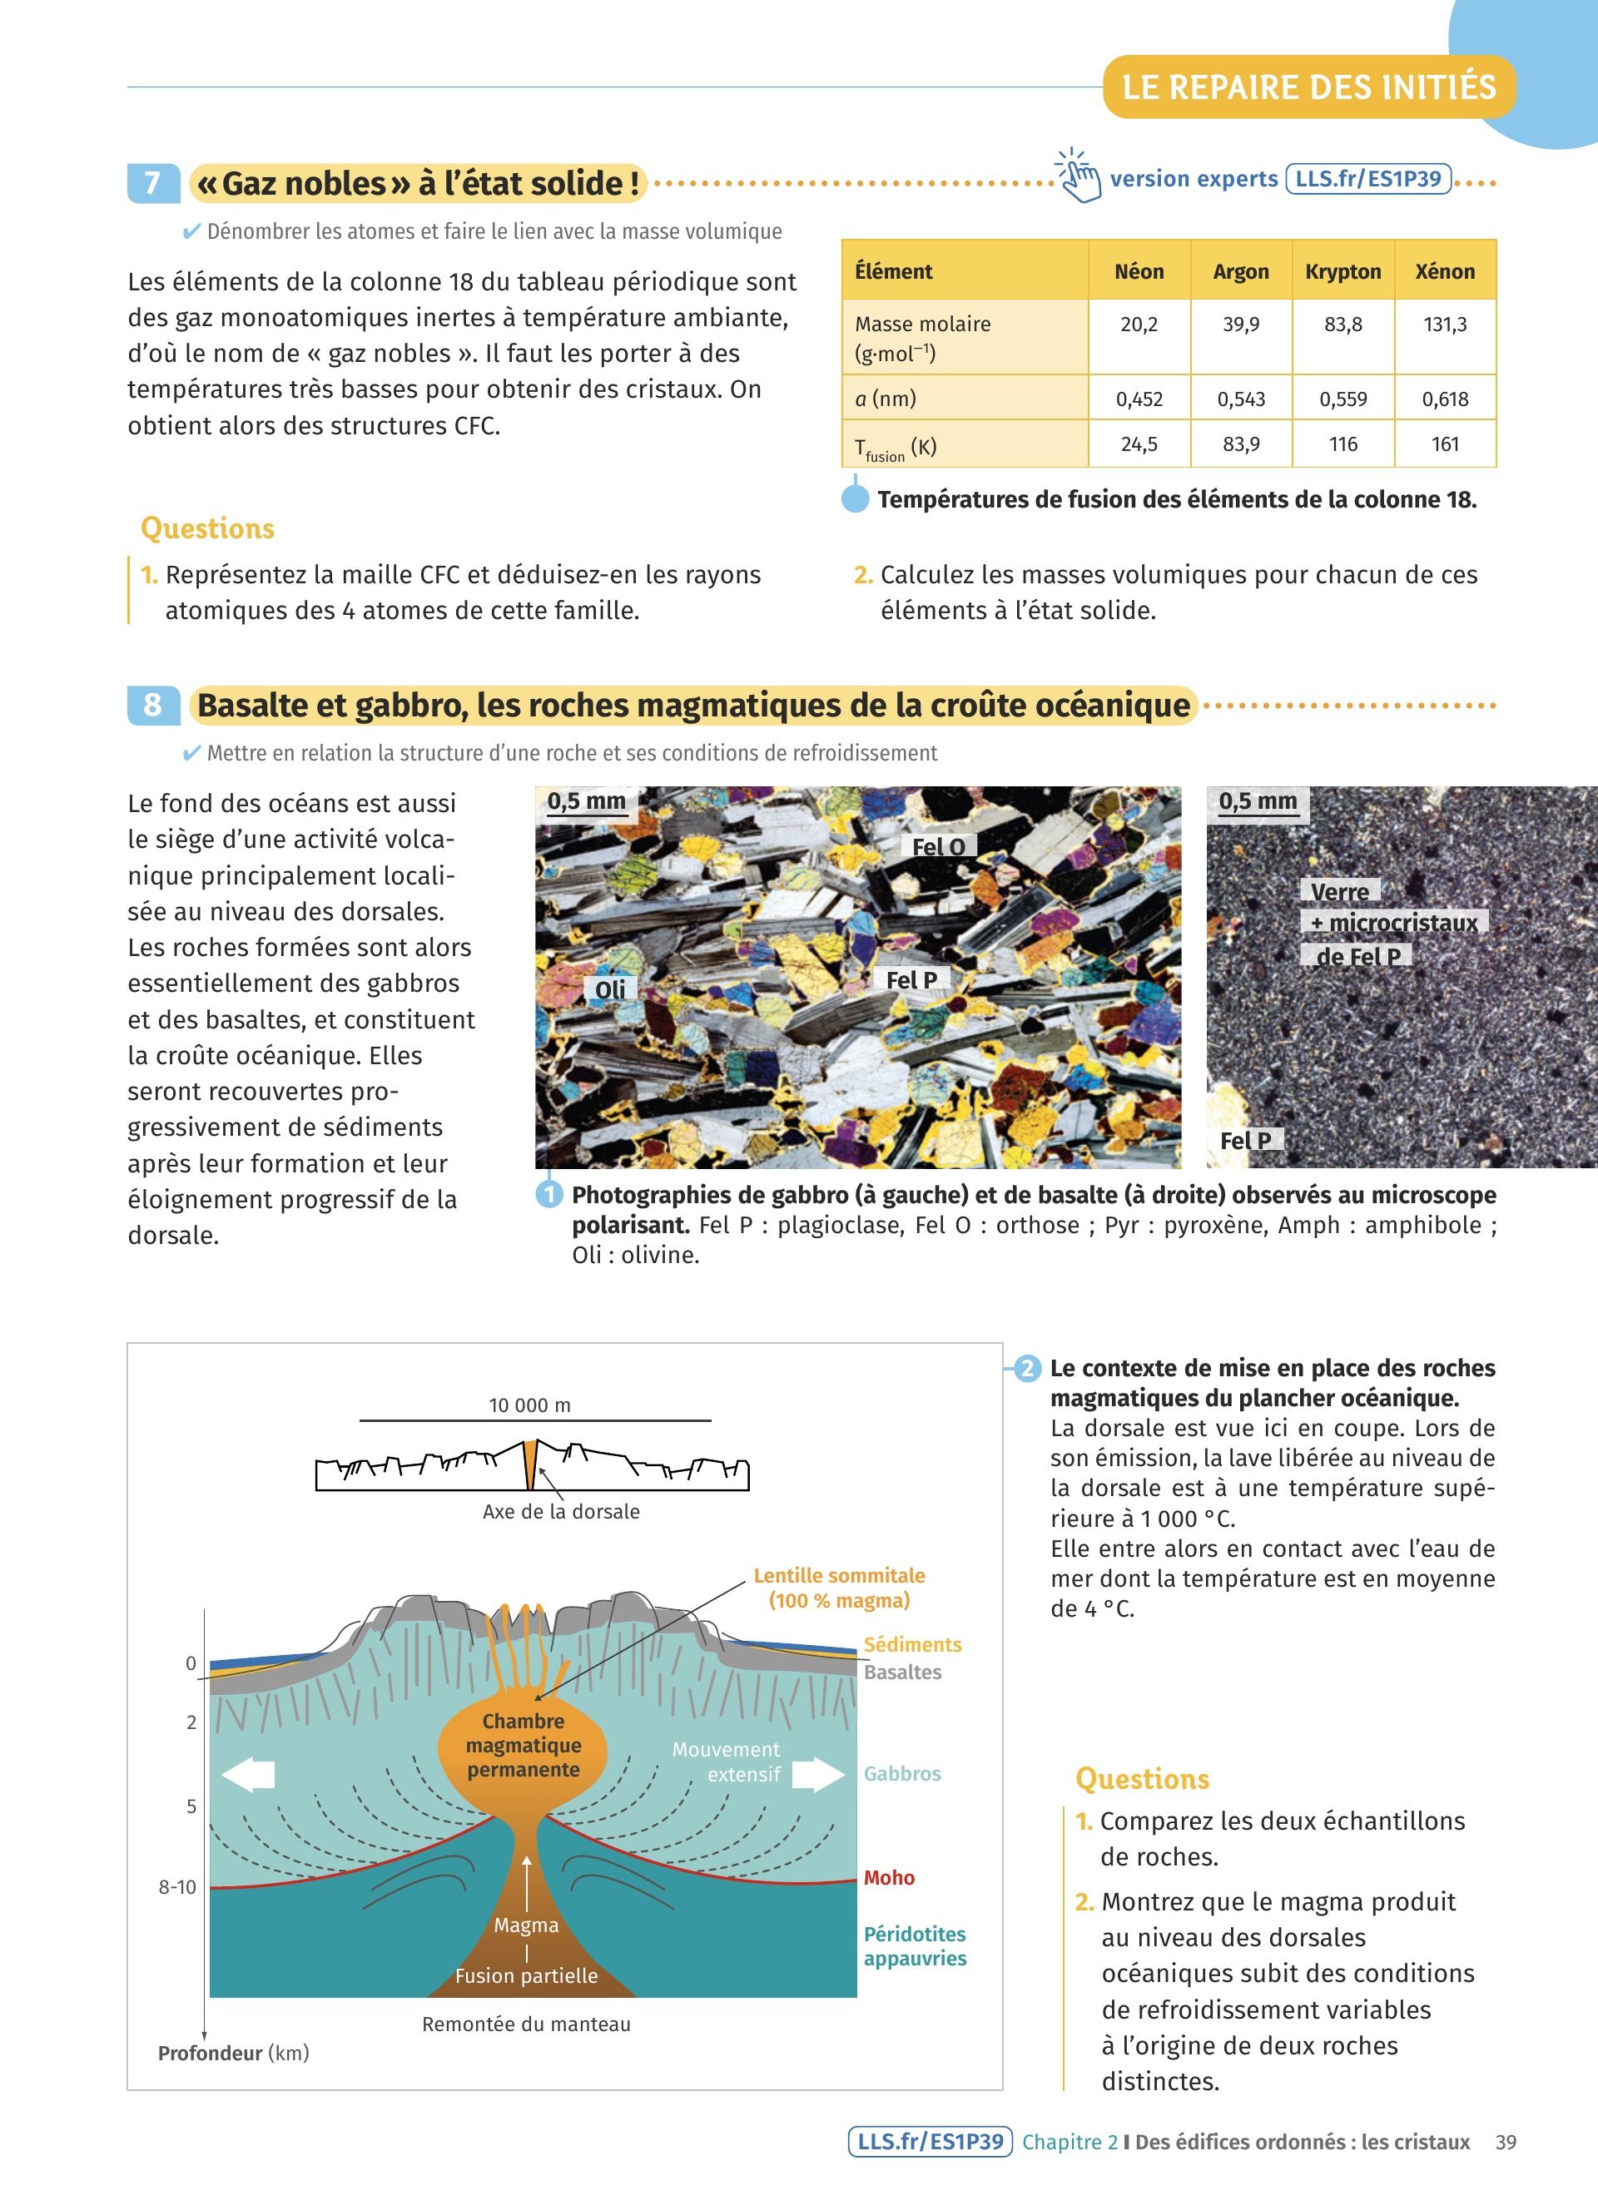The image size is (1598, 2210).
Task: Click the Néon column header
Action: tap(1138, 272)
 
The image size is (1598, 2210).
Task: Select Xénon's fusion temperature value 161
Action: tap(1444, 444)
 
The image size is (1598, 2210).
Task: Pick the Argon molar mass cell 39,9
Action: tap(1240, 325)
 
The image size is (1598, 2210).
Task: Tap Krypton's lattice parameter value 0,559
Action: tap(1342, 399)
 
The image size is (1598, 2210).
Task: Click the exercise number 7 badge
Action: tap(153, 183)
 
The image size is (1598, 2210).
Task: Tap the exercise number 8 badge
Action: tap(153, 705)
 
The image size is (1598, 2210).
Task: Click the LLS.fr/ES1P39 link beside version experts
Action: tap(1367, 179)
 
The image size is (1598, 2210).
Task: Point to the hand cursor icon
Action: tap(1079, 176)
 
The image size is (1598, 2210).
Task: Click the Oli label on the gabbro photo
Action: tap(610, 990)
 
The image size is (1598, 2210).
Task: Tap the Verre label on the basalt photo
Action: tap(1339, 892)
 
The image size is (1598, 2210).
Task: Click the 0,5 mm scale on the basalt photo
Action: tap(1257, 802)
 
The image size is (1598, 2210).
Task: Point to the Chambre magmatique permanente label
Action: tap(524, 1745)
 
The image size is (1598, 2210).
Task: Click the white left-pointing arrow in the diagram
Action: tap(249, 1775)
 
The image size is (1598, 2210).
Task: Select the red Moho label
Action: tap(889, 1878)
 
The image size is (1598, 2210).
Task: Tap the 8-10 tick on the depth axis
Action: tap(177, 1887)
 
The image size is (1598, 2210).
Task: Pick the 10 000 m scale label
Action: tap(529, 1405)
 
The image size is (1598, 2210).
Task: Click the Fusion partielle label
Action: tap(526, 1976)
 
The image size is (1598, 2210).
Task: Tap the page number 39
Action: tap(1506, 2142)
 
